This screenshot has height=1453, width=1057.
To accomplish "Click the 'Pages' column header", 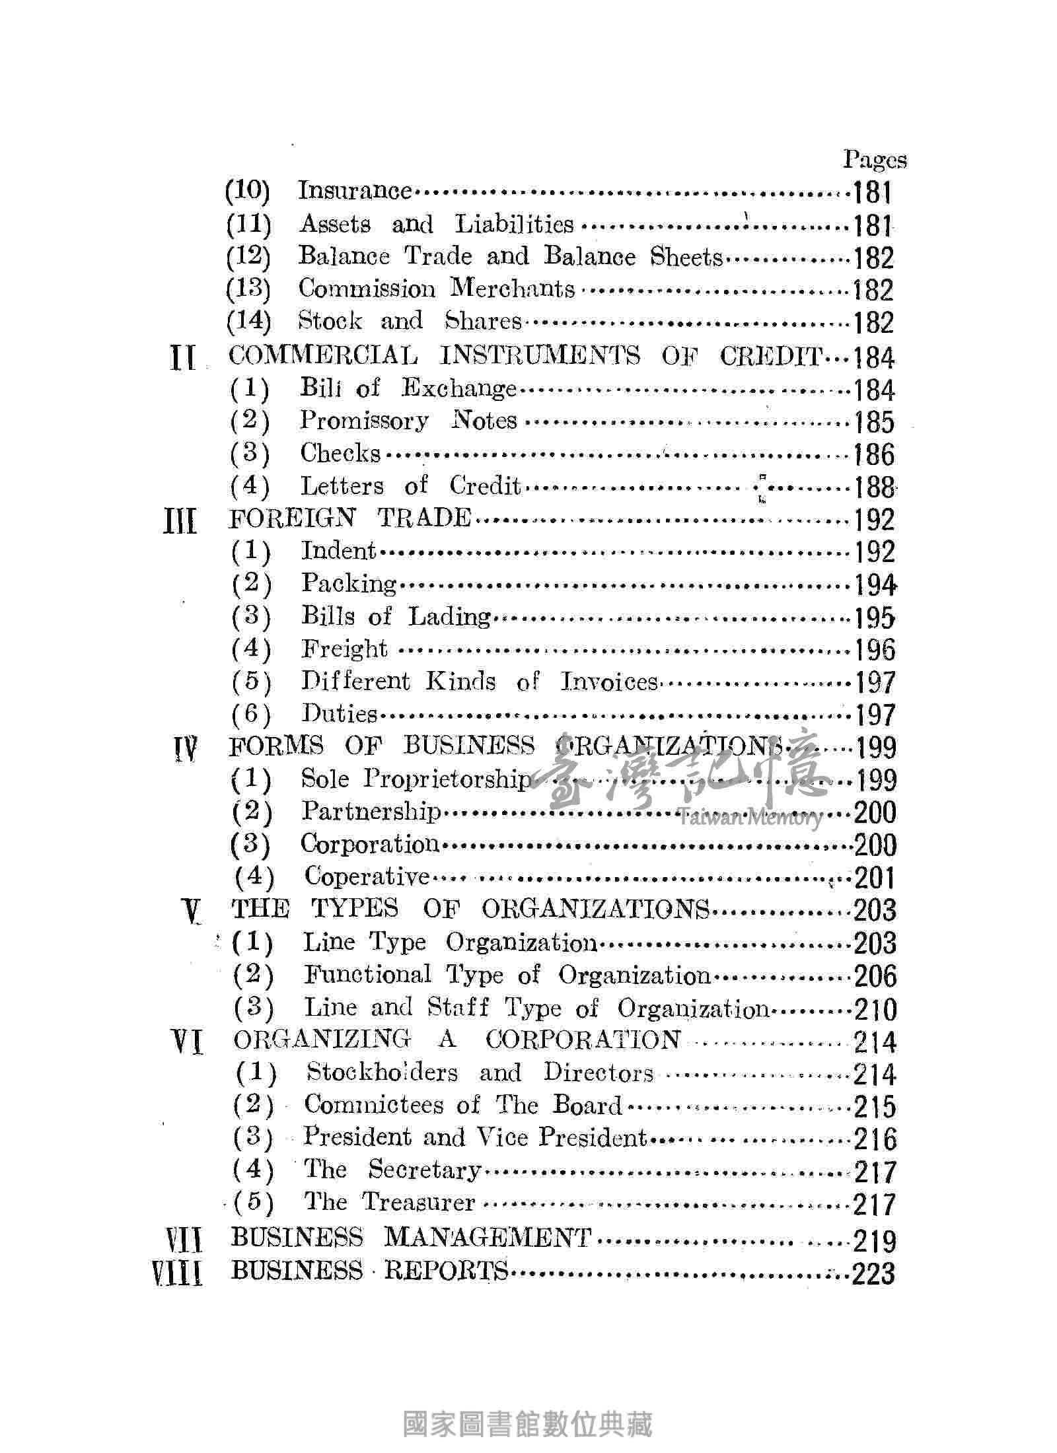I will [x=874, y=160].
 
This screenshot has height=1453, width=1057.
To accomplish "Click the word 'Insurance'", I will [x=355, y=191].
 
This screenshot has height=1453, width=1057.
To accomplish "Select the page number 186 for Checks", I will [x=873, y=455].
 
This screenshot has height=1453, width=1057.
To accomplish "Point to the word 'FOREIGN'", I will [x=291, y=518].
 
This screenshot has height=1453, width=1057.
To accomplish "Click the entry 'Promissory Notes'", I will [x=408, y=421].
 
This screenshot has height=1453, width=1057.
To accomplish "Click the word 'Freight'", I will [x=344, y=649].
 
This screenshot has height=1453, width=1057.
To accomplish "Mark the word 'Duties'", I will [x=339, y=714].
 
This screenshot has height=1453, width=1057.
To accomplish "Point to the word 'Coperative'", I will [x=367, y=877].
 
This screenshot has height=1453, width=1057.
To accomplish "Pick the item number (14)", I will [x=248, y=322].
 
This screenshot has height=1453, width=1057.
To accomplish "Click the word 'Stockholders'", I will [x=381, y=1073].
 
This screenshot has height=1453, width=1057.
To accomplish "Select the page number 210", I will [x=875, y=1010].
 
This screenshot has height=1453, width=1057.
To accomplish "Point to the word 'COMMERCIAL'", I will [x=323, y=356].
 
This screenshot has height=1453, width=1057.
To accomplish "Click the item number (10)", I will [x=248, y=191].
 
